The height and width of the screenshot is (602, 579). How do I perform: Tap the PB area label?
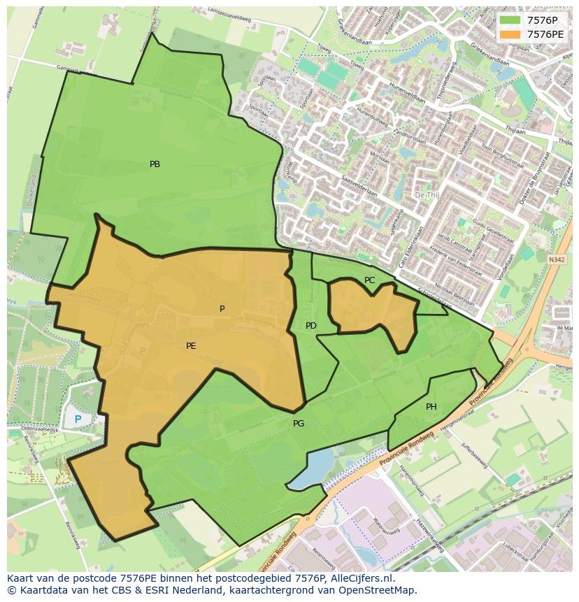click(155, 164)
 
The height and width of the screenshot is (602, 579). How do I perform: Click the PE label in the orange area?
click(191, 345)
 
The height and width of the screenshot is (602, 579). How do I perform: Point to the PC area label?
click(370, 280)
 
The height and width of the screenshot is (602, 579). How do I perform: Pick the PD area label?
click(311, 326)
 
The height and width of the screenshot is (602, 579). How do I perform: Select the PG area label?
click(299, 424)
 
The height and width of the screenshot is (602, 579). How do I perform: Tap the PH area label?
click(431, 407)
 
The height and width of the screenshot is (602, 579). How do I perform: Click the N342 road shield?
click(556, 259)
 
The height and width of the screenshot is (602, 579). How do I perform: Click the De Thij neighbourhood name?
click(426, 195)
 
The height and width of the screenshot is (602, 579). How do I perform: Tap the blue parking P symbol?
click(78, 420)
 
